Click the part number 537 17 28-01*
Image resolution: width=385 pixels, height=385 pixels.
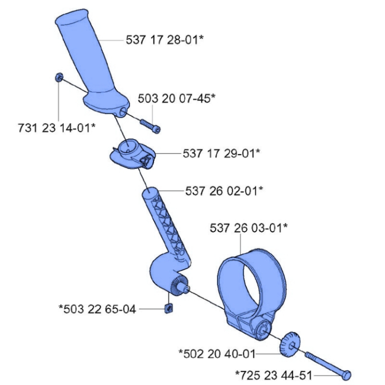(164, 40)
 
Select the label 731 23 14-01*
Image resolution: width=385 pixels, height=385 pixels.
(56, 128)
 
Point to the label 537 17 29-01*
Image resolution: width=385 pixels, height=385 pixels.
(221, 153)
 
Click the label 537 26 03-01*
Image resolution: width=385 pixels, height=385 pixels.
(249, 228)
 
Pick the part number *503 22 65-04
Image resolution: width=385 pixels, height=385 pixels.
(97, 309)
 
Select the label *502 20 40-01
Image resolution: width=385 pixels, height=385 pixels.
(216, 353)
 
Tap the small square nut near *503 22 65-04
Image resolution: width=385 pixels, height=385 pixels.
(168, 307)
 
